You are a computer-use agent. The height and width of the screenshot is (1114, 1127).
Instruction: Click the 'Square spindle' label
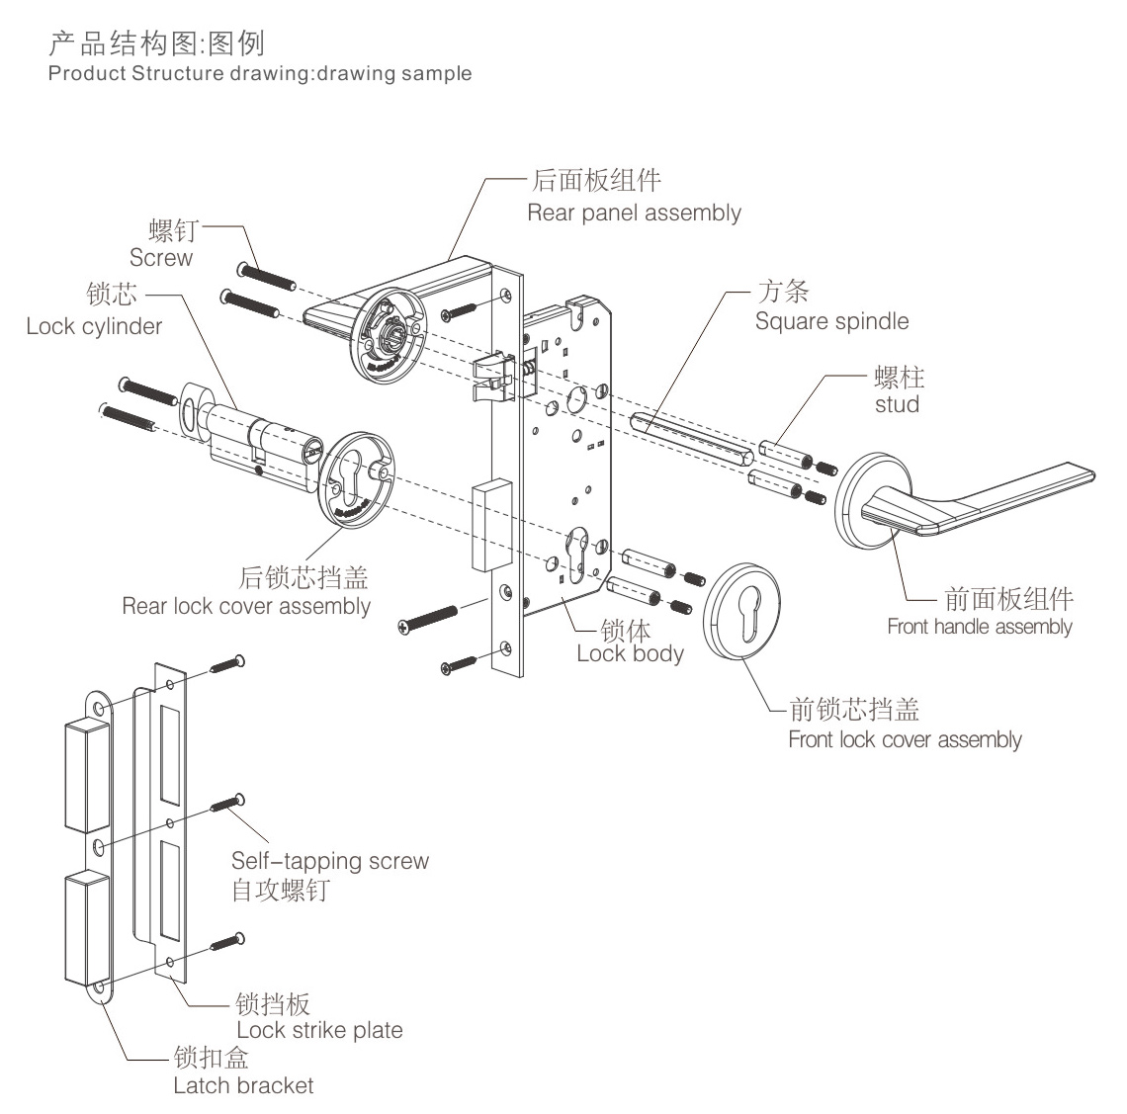tap(831, 321)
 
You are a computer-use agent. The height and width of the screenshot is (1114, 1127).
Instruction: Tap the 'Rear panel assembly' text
tap(634, 213)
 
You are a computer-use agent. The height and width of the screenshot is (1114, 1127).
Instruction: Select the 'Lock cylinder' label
tap(94, 326)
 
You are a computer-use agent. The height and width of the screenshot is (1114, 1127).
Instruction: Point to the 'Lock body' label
tap(630, 653)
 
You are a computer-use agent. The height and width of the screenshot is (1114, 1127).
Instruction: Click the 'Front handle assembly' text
tap(979, 626)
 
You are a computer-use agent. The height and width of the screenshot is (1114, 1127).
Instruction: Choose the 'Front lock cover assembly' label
tap(905, 739)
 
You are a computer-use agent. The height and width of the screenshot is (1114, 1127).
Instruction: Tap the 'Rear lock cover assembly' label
tap(246, 606)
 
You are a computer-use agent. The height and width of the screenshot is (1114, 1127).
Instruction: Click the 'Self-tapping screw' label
tap(330, 861)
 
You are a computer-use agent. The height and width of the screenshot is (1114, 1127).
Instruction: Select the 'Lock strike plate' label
tap(319, 1030)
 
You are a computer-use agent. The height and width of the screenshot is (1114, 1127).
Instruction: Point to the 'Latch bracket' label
tap(243, 1085)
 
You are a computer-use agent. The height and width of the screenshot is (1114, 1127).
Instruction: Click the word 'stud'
tap(897, 404)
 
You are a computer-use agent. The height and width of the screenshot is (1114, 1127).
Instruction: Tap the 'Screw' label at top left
tap(161, 258)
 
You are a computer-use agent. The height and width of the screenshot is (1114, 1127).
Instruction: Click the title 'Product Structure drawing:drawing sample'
tap(260, 74)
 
